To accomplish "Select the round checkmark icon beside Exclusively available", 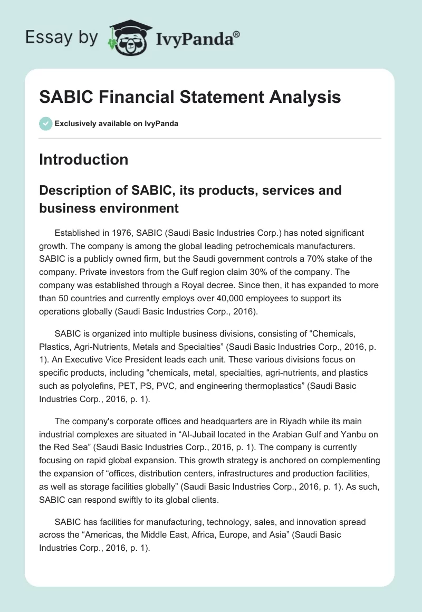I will click(x=45, y=123).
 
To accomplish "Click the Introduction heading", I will click(x=83, y=159).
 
